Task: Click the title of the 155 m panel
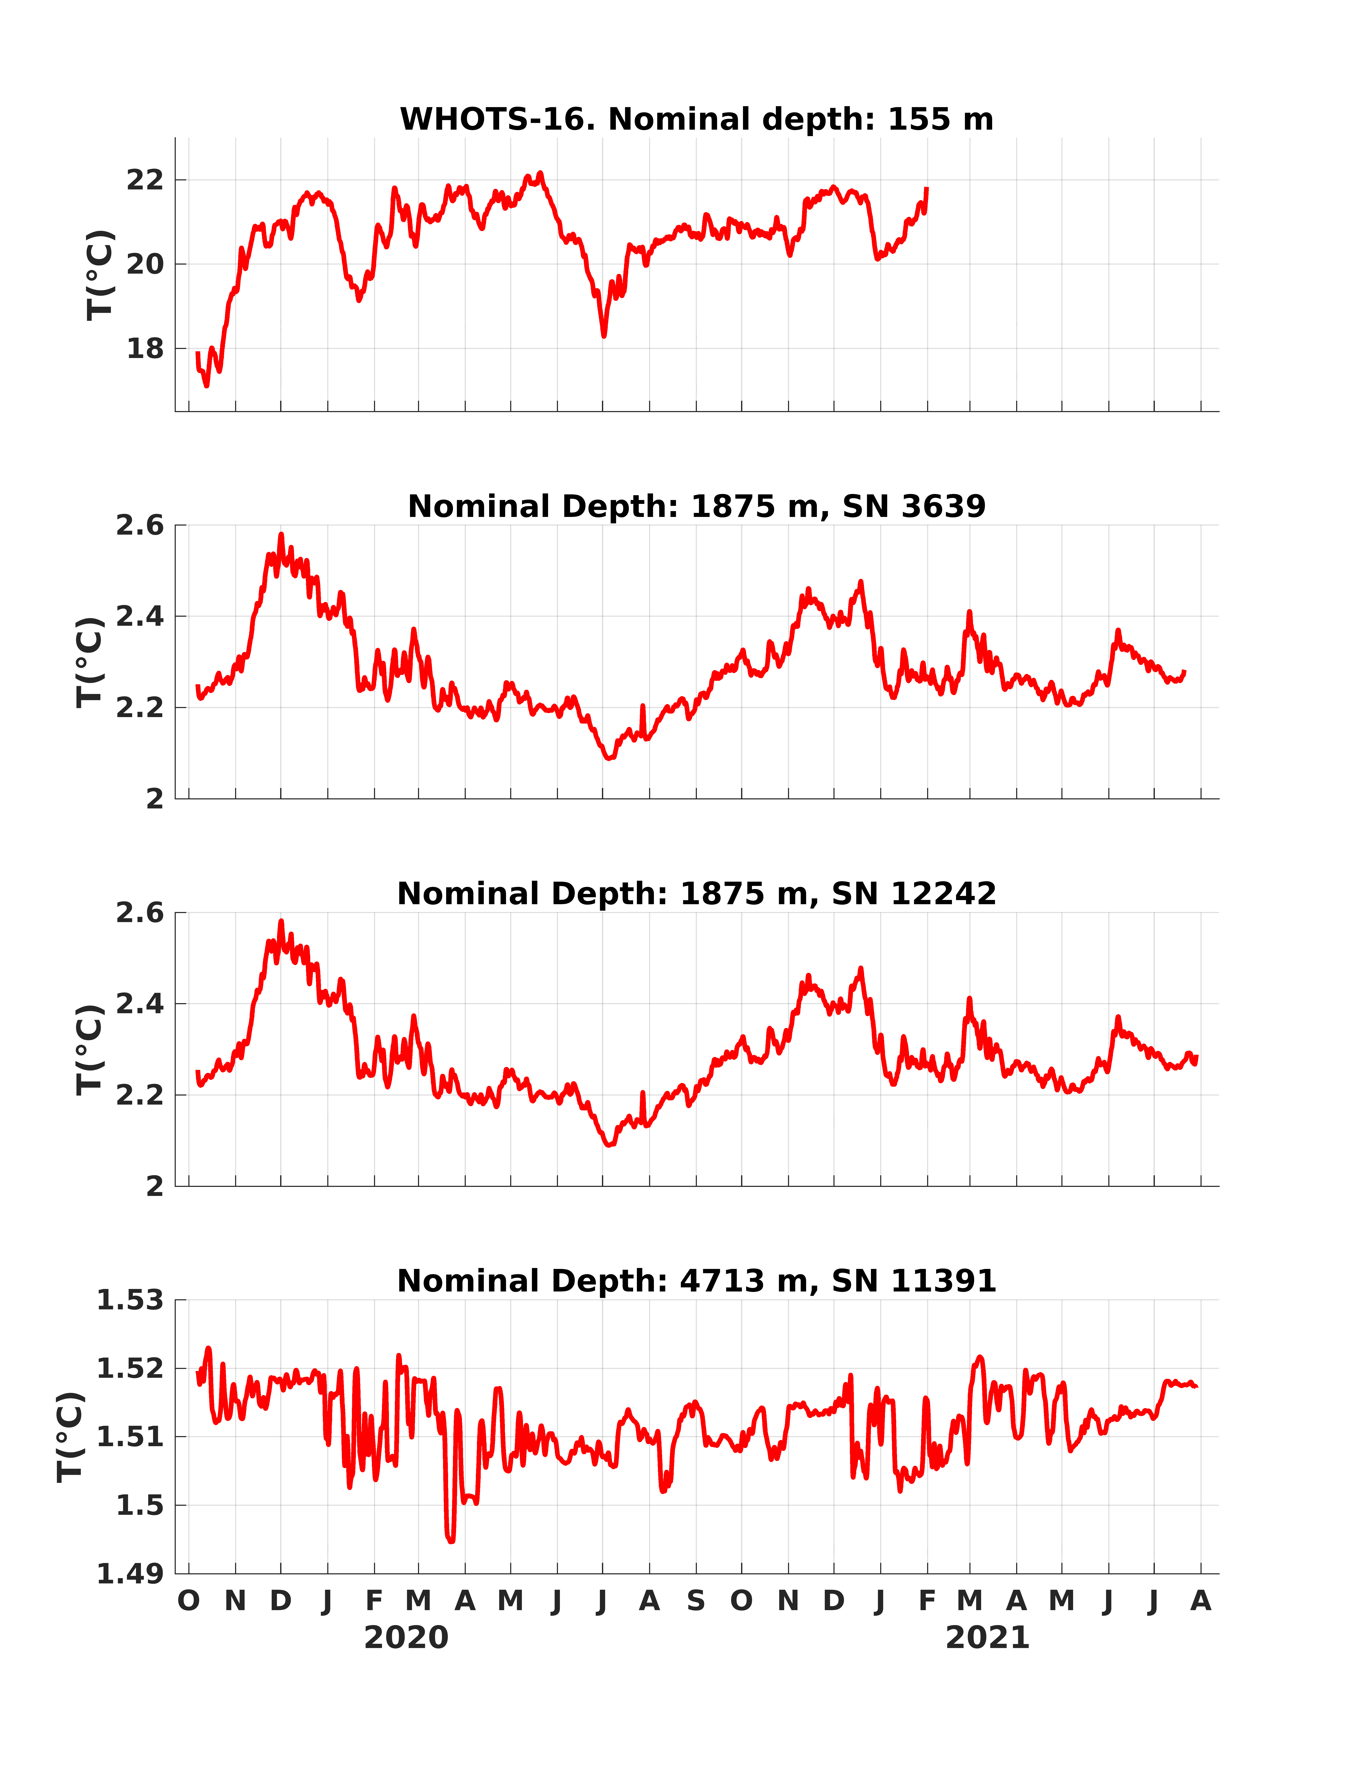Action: [697, 120]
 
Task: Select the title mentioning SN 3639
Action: [697, 507]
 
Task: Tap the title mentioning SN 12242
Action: [697, 894]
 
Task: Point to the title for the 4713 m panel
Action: [697, 1281]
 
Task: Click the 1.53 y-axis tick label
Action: [130, 1301]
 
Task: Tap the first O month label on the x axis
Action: [188, 1601]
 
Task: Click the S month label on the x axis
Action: [696, 1601]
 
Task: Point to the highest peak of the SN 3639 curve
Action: [281, 534]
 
